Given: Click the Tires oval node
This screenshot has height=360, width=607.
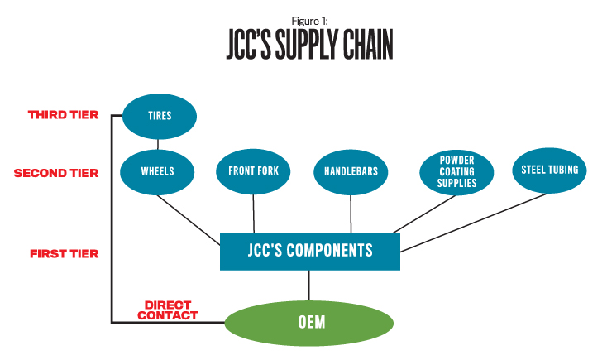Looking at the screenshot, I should [159, 116].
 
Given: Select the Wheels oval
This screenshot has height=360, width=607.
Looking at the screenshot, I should [159, 172].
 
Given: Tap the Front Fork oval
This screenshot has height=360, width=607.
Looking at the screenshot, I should [253, 171].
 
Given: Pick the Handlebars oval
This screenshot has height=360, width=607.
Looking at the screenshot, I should [351, 172].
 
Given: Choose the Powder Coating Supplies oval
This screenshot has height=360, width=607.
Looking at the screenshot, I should [457, 171].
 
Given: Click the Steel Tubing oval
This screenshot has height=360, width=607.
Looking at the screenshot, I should [550, 170].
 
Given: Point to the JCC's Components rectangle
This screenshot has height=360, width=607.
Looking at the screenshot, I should [310, 251].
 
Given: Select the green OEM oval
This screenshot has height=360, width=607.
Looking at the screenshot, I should [310, 321].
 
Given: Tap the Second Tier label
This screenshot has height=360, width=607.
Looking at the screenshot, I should [55, 173].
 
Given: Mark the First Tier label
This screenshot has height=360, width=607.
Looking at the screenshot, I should [64, 253].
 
